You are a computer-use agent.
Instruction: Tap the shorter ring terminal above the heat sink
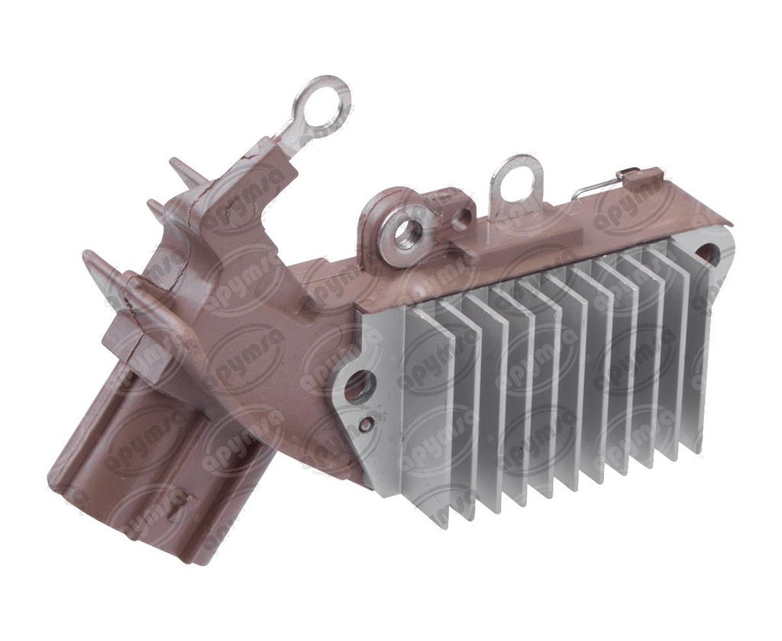pos(516,176)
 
